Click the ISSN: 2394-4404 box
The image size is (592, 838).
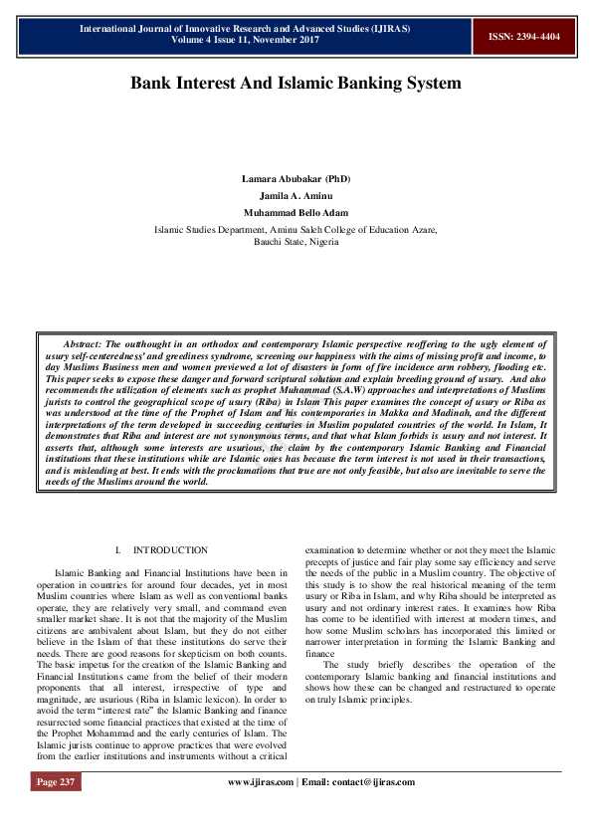[x=524, y=37]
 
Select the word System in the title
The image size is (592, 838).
[x=428, y=83]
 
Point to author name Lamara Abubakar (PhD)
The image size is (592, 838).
[x=296, y=178]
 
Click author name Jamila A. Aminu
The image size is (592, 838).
[x=296, y=195]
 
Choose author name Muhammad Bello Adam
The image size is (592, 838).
[x=296, y=212]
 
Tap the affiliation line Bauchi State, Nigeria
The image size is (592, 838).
[x=296, y=241]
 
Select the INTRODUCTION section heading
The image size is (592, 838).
[x=170, y=550]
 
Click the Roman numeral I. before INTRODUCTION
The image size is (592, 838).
[x=118, y=550]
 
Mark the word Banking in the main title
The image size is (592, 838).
[x=364, y=83]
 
